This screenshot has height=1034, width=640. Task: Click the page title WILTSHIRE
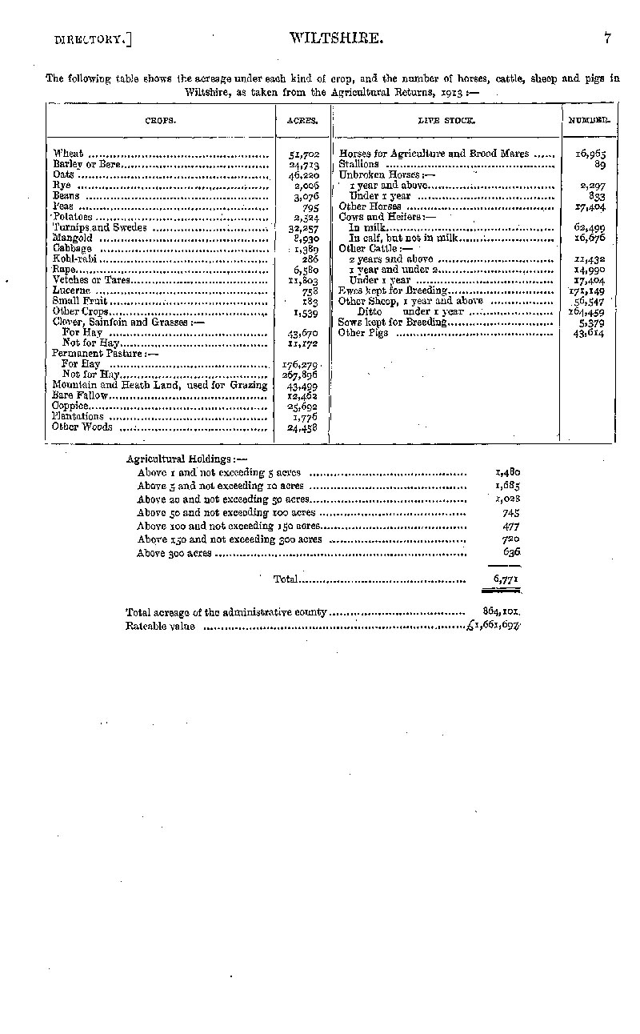[328, 37]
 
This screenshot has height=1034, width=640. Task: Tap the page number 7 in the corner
[608, 37]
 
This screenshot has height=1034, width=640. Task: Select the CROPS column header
[160, 121]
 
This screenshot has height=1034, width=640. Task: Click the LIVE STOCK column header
[446, 121]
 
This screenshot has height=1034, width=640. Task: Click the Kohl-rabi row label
[71, 258]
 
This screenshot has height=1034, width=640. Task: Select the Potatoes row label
[73, 217]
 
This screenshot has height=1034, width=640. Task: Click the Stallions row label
[358, 164]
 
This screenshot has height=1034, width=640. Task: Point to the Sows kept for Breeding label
[392, 323]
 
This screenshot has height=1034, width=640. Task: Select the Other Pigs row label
[363, 333]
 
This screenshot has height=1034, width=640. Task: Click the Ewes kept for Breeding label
[392, 291]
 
